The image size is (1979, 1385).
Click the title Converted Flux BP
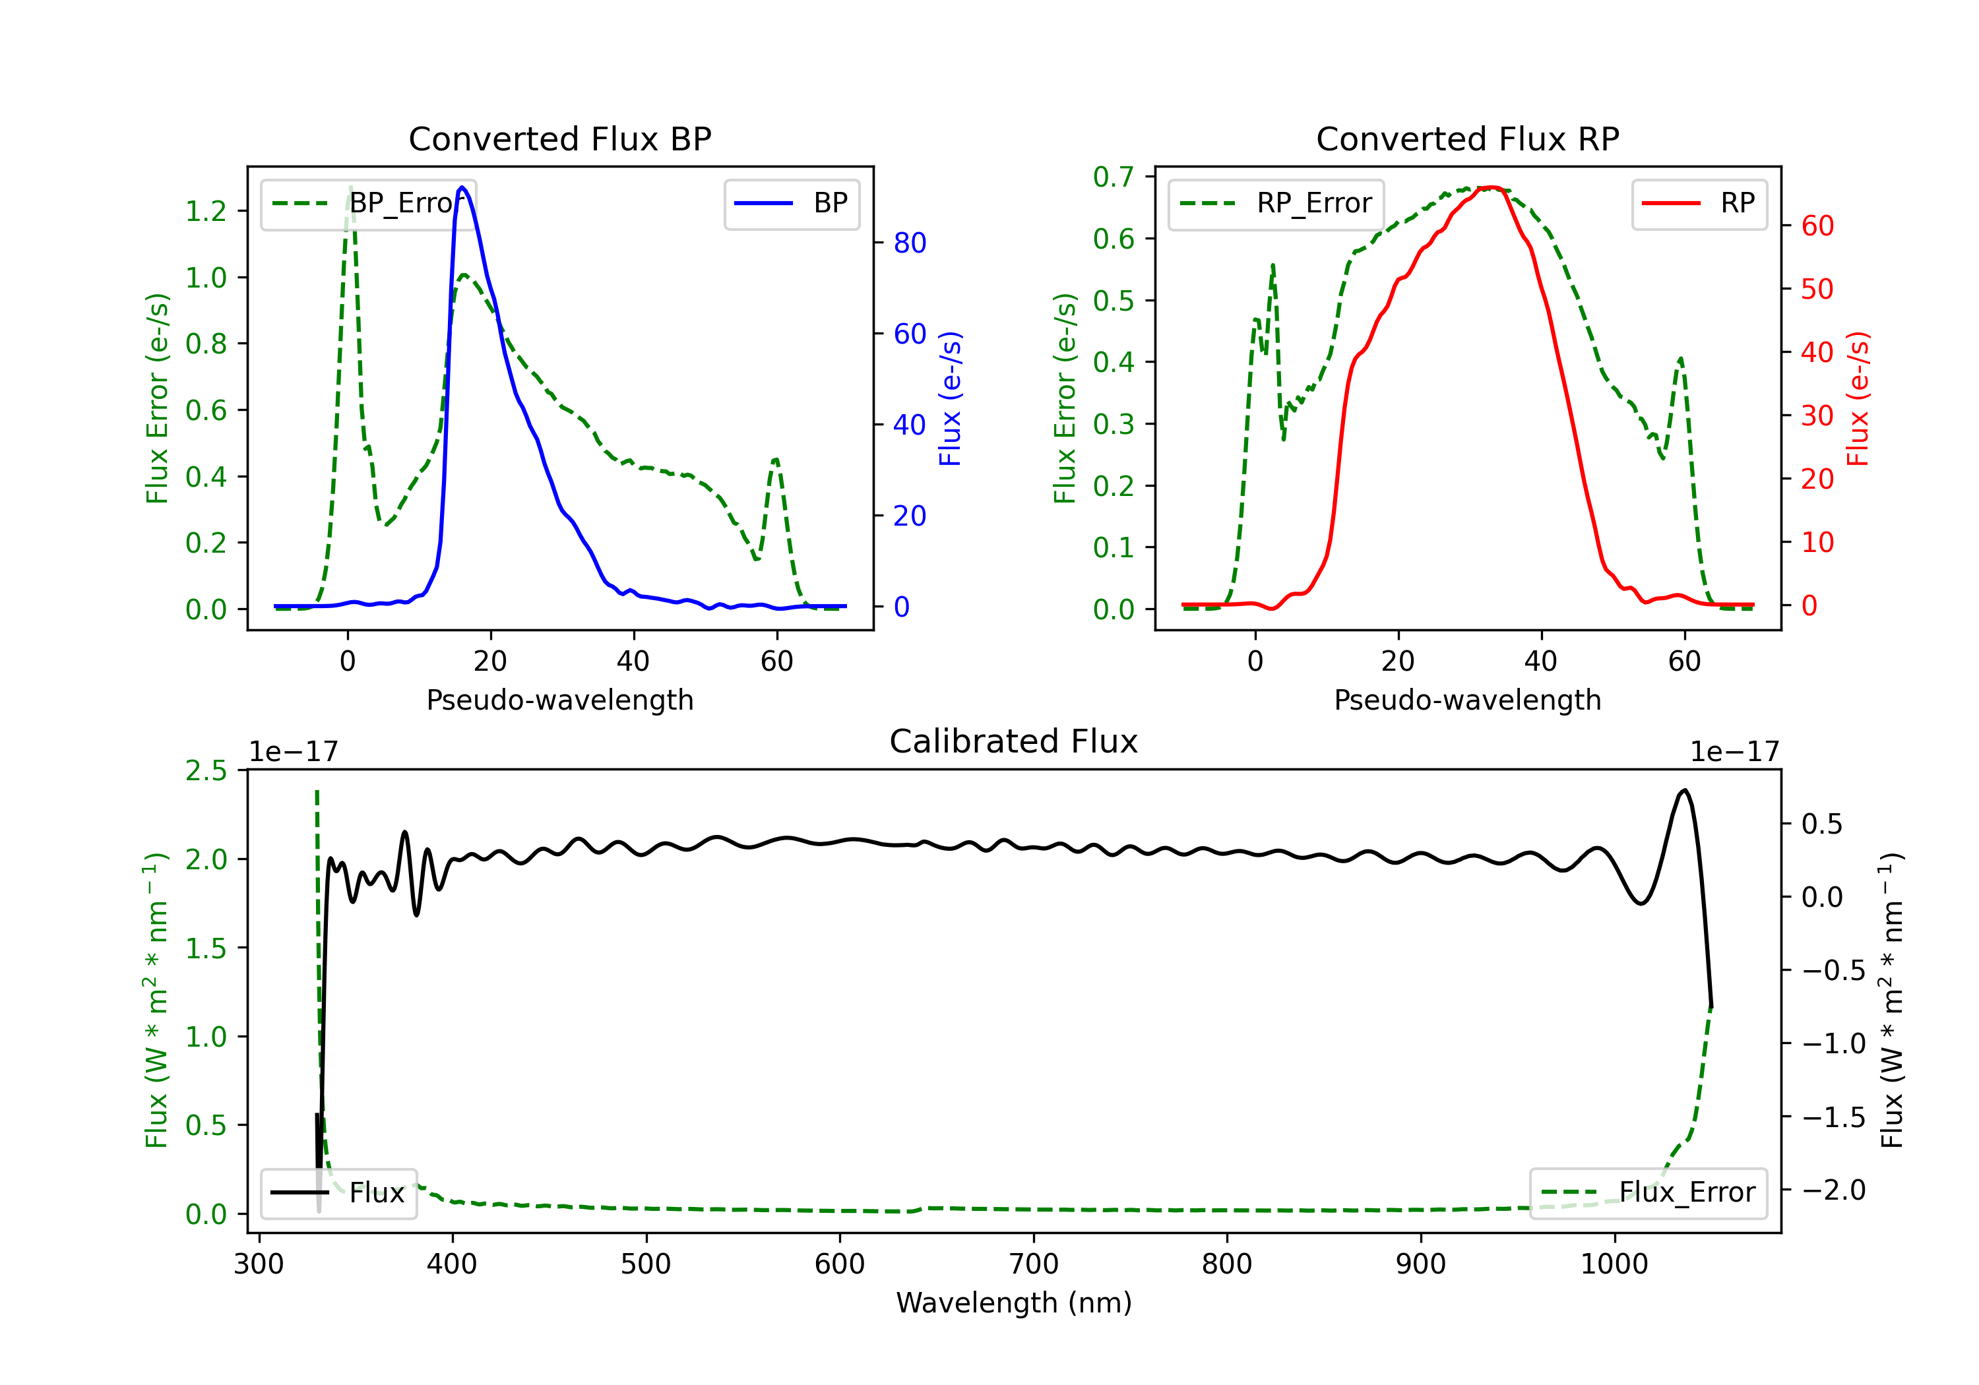click(x=559, y=138)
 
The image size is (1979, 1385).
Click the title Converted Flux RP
click(x=1467, y=138)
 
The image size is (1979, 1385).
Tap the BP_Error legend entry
click(x=369, y=203)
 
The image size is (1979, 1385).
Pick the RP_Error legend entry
click(x=1276, y=203)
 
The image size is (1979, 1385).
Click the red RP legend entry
click(x=1699, y=203)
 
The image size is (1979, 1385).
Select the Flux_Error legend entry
click(x=1648, y=1193)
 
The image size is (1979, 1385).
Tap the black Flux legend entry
click(x=339, y=1193)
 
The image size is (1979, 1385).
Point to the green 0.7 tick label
click(x=1114, y=177)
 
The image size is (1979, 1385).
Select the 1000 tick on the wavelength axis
click(x=1614, y=1264)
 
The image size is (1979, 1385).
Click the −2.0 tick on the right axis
click(x=1833, y=1190)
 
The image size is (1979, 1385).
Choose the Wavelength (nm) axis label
click(x=1014, y=1303)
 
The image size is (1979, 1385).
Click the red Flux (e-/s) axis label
click(x=1858, y=398)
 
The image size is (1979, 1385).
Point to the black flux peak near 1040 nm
click(x=1685, y=790)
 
